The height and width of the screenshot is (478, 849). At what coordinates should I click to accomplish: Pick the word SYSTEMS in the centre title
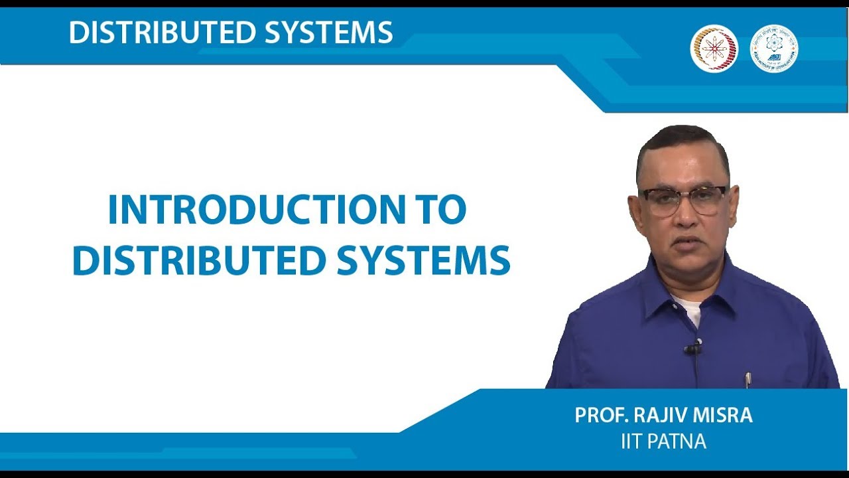point(423,261)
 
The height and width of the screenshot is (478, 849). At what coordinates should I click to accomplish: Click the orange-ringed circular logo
point(714,48)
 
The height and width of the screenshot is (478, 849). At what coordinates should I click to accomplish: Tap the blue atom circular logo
point(773,48)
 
